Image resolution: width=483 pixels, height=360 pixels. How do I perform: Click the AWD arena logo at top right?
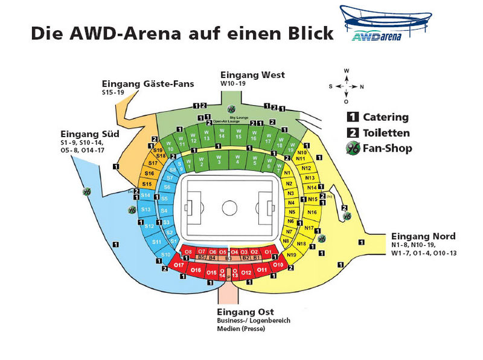[386, 24]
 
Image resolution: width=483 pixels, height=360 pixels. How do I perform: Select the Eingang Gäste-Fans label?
[148, 83]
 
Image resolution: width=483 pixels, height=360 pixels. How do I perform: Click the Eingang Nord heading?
[423, 236]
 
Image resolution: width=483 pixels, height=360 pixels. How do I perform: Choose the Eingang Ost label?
[245, 312]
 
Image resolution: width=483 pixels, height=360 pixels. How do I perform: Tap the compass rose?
[347, 85]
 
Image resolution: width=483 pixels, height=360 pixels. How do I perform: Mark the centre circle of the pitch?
[229, 208]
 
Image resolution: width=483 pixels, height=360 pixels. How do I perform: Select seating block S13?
[146, 209]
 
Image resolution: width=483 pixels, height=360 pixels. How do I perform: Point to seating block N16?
[312, 213]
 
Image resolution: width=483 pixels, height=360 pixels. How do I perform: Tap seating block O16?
[196, 271]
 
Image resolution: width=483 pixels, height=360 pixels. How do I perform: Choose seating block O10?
[278, 264]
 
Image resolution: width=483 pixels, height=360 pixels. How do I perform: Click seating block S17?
[153, 163]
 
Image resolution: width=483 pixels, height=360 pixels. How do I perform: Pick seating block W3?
[219, 161]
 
